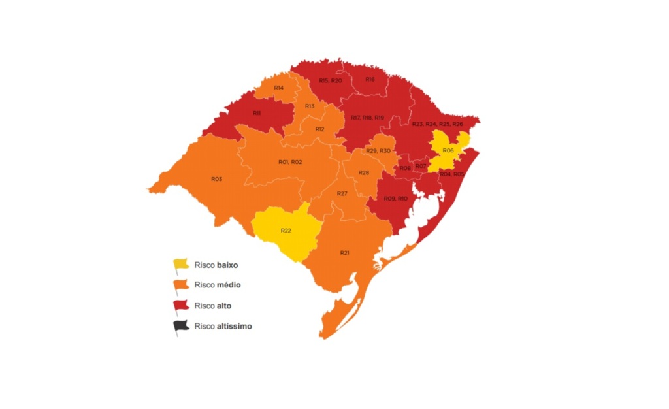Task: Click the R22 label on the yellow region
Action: click(286, 231)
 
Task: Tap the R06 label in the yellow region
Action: click(448, 151)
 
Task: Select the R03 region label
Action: click(216, 179)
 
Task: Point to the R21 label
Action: click(345, 252)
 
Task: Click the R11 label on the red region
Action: click(257, 113)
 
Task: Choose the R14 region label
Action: click(278, 88)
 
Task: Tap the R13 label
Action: click(309, 106)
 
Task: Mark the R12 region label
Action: click(319, 129)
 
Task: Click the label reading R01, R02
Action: click(289, 162)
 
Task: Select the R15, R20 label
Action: click(330, 80)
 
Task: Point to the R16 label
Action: click(370, 79)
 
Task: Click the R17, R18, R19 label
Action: click(367, 118)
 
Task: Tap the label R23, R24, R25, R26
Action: click(437, 124)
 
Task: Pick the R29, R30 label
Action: click(378, 151)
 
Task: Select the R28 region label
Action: click(364, 172)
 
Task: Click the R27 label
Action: click(342, 194)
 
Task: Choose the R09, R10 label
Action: click(395, 198)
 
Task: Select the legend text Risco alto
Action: click(212, 306)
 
